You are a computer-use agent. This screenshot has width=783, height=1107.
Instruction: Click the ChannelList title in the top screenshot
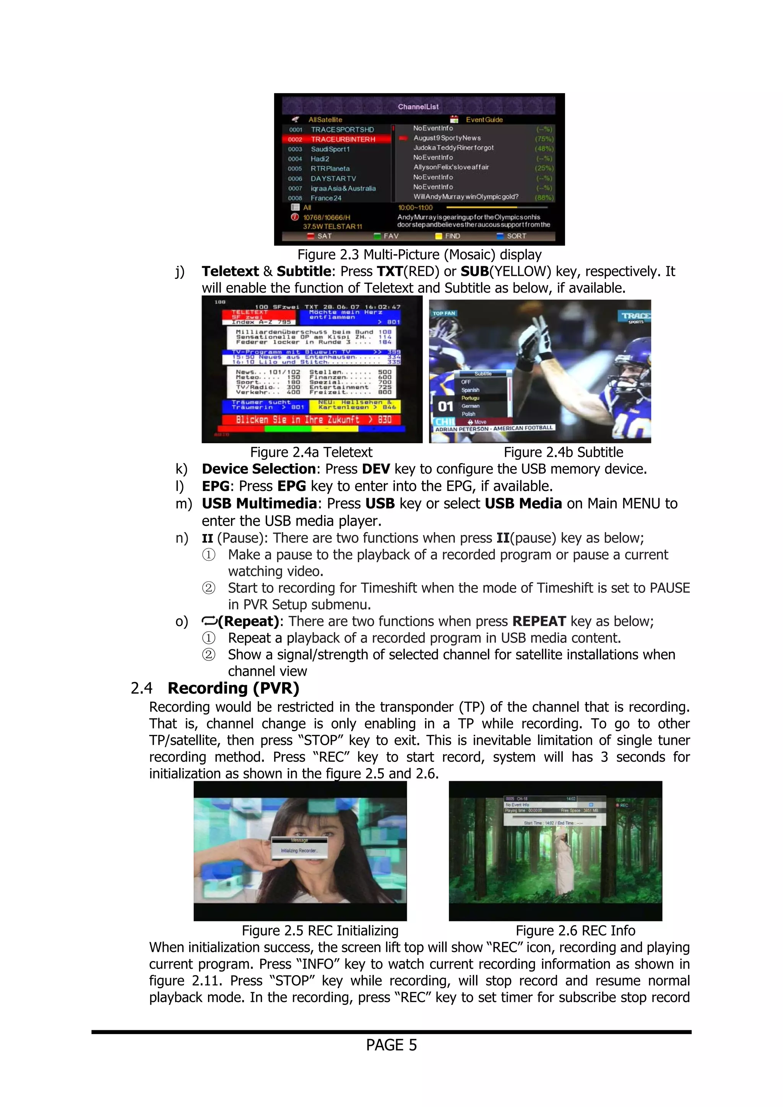coord(418,107)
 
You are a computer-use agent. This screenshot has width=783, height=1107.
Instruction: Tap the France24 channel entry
coord(326,198)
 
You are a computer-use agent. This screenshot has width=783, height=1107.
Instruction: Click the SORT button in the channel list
coord(515,236)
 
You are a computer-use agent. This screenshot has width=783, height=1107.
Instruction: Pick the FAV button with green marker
coord(390,236)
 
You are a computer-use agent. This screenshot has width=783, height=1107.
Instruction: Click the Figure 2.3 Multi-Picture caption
coord(419,254)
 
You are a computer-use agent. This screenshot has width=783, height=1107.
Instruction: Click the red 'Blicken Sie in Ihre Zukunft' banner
coord(311,419)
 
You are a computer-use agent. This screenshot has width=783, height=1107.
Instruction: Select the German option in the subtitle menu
coord(470,406)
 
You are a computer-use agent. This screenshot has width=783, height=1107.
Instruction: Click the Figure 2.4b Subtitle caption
coord(563,452)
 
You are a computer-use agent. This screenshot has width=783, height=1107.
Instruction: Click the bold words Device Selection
coord(258,469)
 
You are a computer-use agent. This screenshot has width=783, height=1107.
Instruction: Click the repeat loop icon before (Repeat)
coord(210,621)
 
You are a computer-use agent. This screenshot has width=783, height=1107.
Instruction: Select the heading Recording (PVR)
coord(234,688)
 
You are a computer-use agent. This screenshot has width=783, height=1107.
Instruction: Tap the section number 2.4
coord(141,688)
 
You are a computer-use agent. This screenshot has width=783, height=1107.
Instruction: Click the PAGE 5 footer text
coord(391,1045)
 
